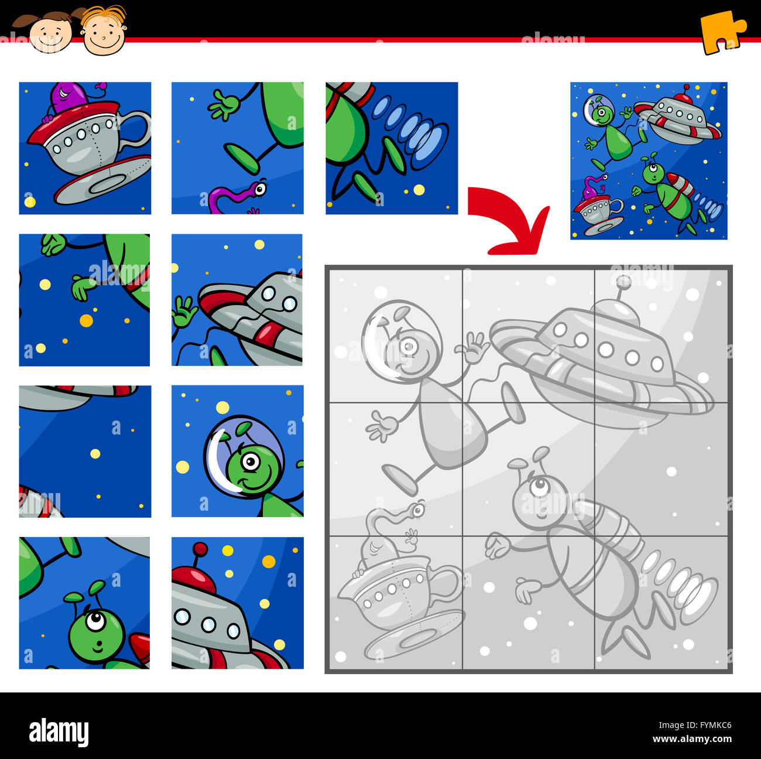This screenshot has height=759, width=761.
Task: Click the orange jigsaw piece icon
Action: click(721, 32)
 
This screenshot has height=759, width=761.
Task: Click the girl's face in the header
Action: click(50, 35)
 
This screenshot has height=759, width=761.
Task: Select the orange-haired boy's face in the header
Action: click(104, 33)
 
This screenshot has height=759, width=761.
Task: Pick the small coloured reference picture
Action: click(649, 160)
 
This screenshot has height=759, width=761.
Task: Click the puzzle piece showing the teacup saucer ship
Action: click(85, 148)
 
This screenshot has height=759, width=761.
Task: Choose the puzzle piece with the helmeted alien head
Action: click(237, 451)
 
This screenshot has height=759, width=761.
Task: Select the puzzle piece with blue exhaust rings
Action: click(392, 148)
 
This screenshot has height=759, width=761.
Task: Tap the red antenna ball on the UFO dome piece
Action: click(200, 549)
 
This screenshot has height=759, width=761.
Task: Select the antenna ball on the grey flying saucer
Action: click(624, 282)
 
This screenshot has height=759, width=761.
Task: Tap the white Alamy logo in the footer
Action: click(59, 732)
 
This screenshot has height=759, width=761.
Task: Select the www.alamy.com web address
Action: click(692, 739)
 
